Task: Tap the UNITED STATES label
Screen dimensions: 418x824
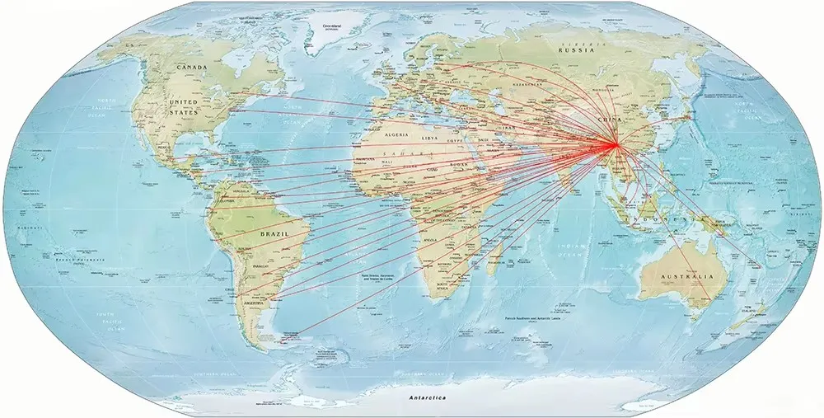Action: (184, 106)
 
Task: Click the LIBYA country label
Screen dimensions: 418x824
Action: (431, 139)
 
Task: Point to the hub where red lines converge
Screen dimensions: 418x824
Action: (615, 147)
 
